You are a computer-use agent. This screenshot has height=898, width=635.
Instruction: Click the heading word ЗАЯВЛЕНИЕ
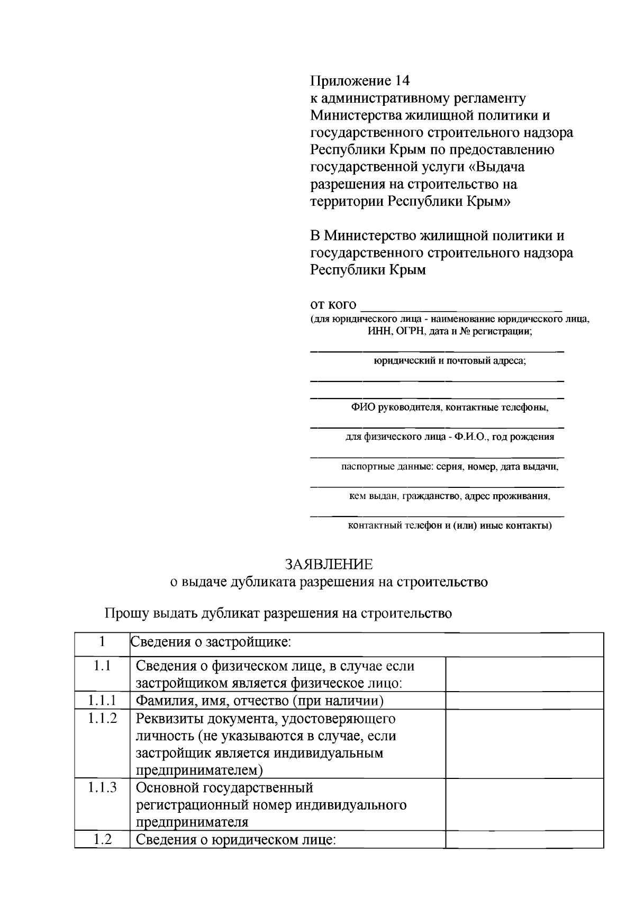(x=329, y=564)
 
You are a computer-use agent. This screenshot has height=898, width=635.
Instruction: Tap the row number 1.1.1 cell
(x=102, y=701)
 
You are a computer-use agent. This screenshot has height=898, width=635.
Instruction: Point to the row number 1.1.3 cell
(x=102, y=787)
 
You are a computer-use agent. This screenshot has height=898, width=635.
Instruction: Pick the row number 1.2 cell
(x=102, y=839)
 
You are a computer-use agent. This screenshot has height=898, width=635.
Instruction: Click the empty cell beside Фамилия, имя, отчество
(x=524, y=701)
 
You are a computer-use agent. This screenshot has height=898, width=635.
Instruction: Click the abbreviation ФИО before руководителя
(x=362, y=407)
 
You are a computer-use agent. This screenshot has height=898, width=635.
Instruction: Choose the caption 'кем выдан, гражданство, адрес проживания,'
(x=449, y=496)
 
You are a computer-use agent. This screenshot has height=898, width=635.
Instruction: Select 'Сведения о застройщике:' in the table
(x=211, y=642)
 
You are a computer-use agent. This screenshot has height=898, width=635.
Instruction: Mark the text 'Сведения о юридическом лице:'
(x=236, y=840)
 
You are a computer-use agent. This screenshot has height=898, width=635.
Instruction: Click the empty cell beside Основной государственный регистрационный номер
(x=524, y=804)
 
